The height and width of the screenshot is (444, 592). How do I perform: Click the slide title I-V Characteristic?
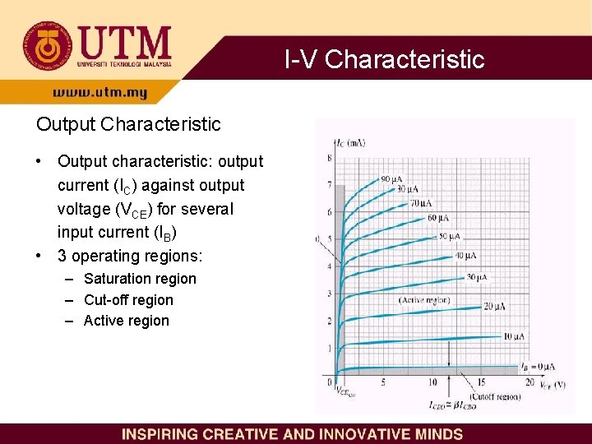click(384, 59)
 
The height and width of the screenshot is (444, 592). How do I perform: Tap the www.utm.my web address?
click(99, 93)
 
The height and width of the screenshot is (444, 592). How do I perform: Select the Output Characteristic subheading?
click(128, 124)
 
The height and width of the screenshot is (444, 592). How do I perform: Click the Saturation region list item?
click(140, 279)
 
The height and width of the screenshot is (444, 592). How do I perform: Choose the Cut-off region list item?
click(128, 300)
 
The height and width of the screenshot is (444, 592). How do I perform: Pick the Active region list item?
click(126, 321)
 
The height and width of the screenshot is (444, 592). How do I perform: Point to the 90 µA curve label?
click(391, 179)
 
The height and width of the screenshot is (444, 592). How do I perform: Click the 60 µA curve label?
click(438, 218)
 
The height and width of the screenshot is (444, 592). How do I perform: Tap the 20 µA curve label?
click(494, 306)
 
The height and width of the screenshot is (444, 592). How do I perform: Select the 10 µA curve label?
click(514, 336)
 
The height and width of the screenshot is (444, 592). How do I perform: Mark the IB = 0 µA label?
click(535, 366)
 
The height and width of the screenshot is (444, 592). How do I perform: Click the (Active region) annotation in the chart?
click(424, 301)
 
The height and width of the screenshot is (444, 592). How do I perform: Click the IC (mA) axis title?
click(351, 143)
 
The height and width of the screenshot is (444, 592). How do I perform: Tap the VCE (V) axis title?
click(552, 384)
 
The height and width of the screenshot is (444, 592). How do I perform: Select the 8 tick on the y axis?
click(330, 158)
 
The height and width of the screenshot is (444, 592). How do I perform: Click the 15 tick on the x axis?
click(481, 382)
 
